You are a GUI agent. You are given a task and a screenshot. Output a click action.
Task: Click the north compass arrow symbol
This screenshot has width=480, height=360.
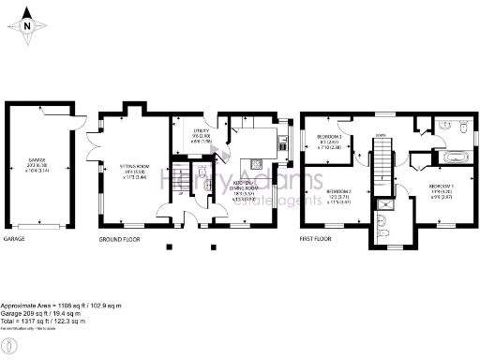(28, 25)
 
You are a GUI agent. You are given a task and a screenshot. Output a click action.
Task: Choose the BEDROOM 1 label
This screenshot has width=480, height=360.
(442, 193)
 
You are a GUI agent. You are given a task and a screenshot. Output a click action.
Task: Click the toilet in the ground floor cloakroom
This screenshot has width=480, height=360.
(199, 185)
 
